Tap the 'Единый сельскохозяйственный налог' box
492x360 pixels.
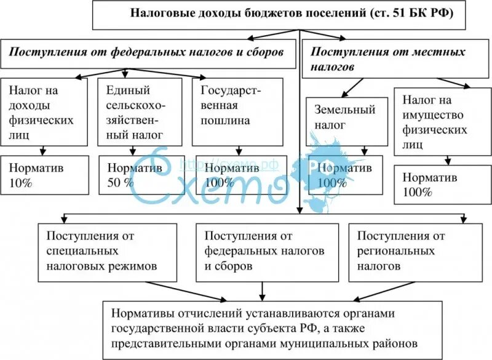tap(140, 111)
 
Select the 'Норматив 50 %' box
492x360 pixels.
tap(140, 175)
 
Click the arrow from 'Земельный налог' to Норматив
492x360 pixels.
tap(364, 148)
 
